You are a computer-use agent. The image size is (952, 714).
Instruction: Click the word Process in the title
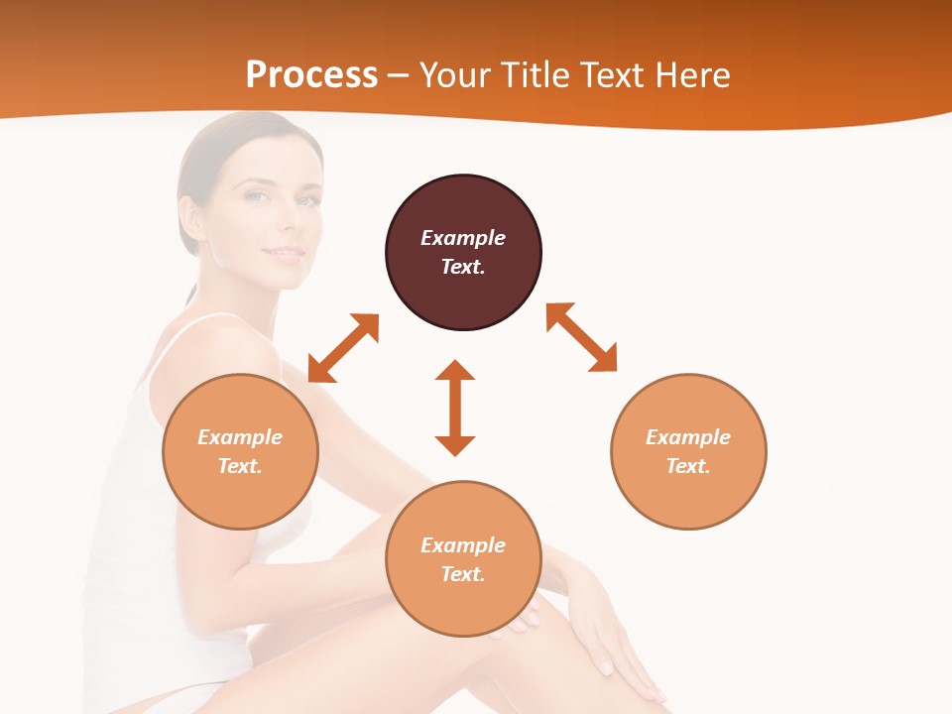coord(311,75)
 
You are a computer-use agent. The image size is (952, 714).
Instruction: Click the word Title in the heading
coord(534,75)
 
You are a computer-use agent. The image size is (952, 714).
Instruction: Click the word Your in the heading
coord(455,75)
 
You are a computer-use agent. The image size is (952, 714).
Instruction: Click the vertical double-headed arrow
coord(455,408)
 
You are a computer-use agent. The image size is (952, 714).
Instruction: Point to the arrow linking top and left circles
coord(343,348)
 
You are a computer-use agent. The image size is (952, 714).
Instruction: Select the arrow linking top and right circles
coord(581,338)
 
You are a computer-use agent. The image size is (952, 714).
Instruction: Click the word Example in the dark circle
coord(463,238)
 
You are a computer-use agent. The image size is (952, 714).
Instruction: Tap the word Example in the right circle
coord(688,437)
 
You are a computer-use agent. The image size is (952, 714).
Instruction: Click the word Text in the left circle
coord(240,466)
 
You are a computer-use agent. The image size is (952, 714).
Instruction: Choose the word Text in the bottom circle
coord(463,574)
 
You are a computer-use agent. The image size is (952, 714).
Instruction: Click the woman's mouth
coord(285,254)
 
